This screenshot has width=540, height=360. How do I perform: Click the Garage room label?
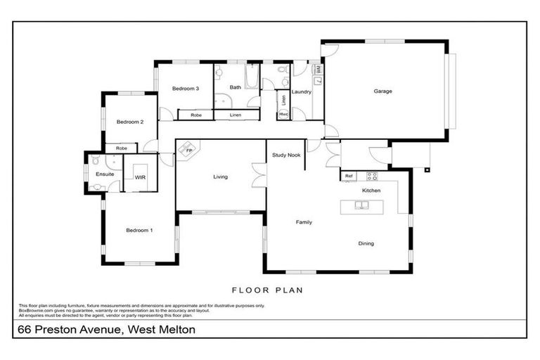[382, 91]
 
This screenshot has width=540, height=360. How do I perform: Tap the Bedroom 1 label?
[139, 231]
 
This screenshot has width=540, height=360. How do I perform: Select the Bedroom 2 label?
[130, 122]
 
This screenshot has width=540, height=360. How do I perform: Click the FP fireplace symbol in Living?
[189, 150]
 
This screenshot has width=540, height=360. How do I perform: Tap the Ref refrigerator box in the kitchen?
[348, 176]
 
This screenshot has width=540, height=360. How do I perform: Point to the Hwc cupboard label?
[283, 114]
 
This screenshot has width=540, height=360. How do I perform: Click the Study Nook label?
[284, 155]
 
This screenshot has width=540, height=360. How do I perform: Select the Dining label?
[366, 244]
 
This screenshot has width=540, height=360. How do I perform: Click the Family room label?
[303, 222]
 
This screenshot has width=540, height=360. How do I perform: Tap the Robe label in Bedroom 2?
[122, 148]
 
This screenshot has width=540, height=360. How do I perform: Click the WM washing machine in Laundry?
[318, 70]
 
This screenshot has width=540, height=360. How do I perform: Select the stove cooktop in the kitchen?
[371, 176]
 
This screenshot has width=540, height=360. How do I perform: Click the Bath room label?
[236, 88]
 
